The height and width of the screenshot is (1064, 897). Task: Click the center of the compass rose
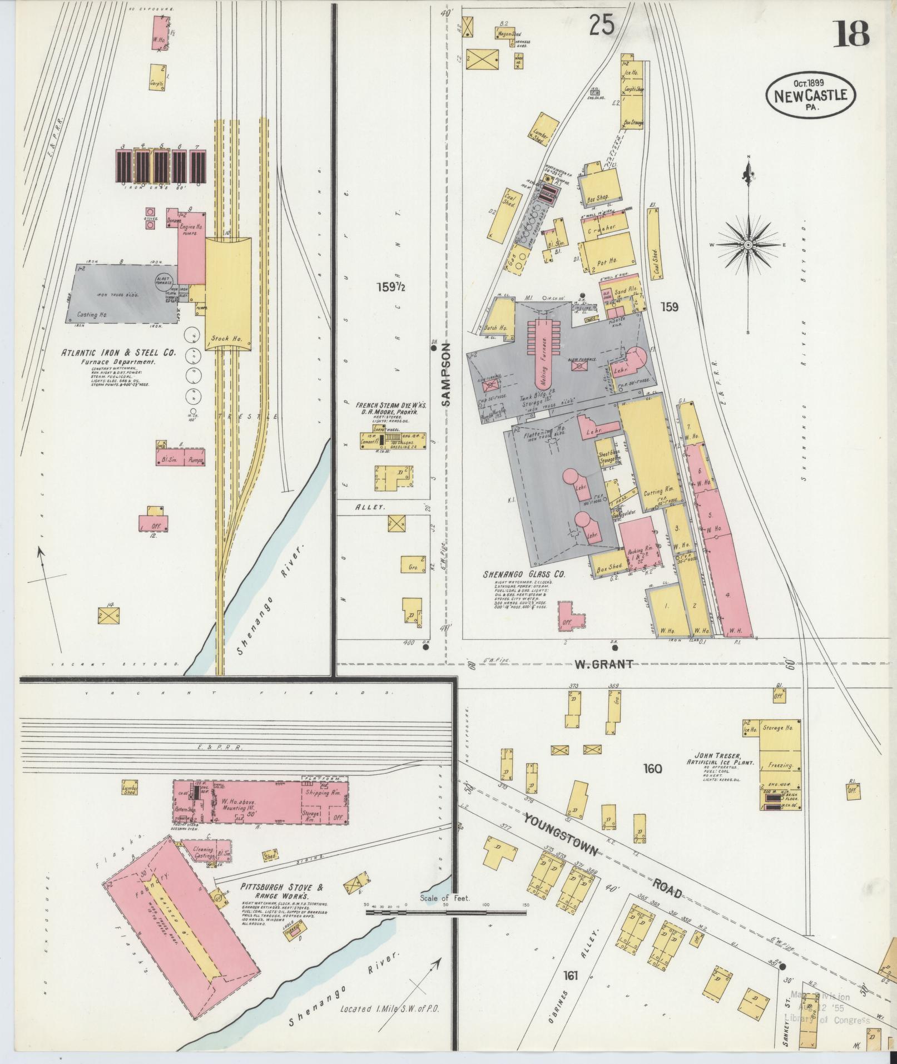pyautogui.click(x=749, y=245)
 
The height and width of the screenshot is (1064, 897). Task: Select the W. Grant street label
pyautogui.click(x=603, y=664)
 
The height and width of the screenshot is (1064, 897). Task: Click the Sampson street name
pyautogui.click(x=447, y=373)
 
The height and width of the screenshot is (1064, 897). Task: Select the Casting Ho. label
pyautogui.click(x=93, y=315)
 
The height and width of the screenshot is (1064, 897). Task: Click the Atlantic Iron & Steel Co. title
pyautogui.click(x=118, y=352)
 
